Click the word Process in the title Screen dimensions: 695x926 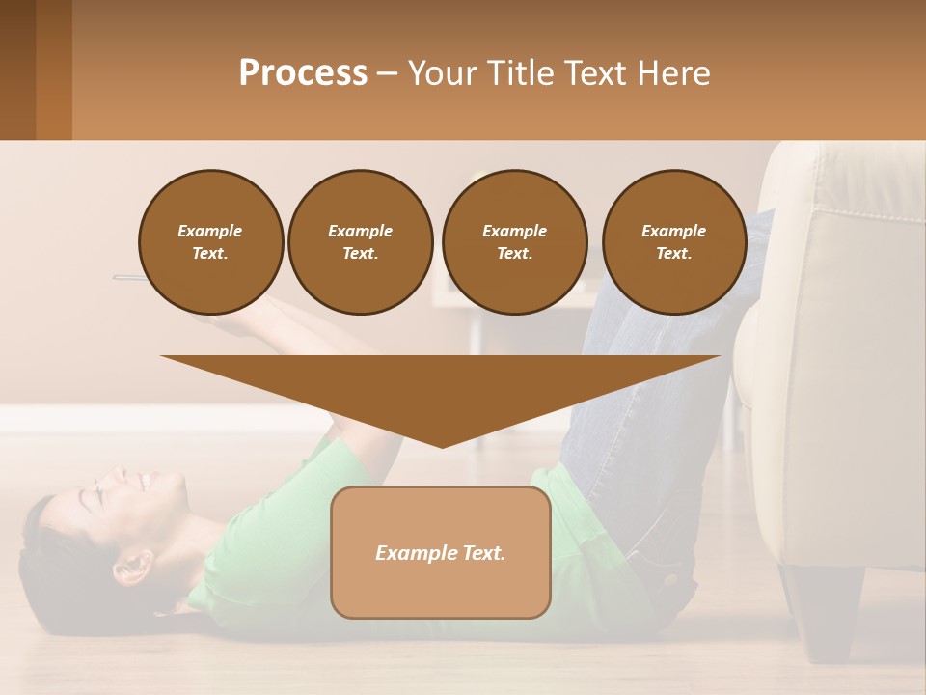coord(303,73)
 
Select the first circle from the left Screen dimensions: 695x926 coord(210,241)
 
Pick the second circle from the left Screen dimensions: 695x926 coord(360,241)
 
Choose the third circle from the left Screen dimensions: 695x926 coord(514,241)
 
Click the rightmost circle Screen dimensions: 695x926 coord(673,241)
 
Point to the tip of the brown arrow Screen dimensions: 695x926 coord(442,445)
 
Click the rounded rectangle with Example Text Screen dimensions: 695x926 coord(441,552)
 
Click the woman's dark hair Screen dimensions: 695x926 coord(48,570)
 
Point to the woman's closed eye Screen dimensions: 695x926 coord(91,496)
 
